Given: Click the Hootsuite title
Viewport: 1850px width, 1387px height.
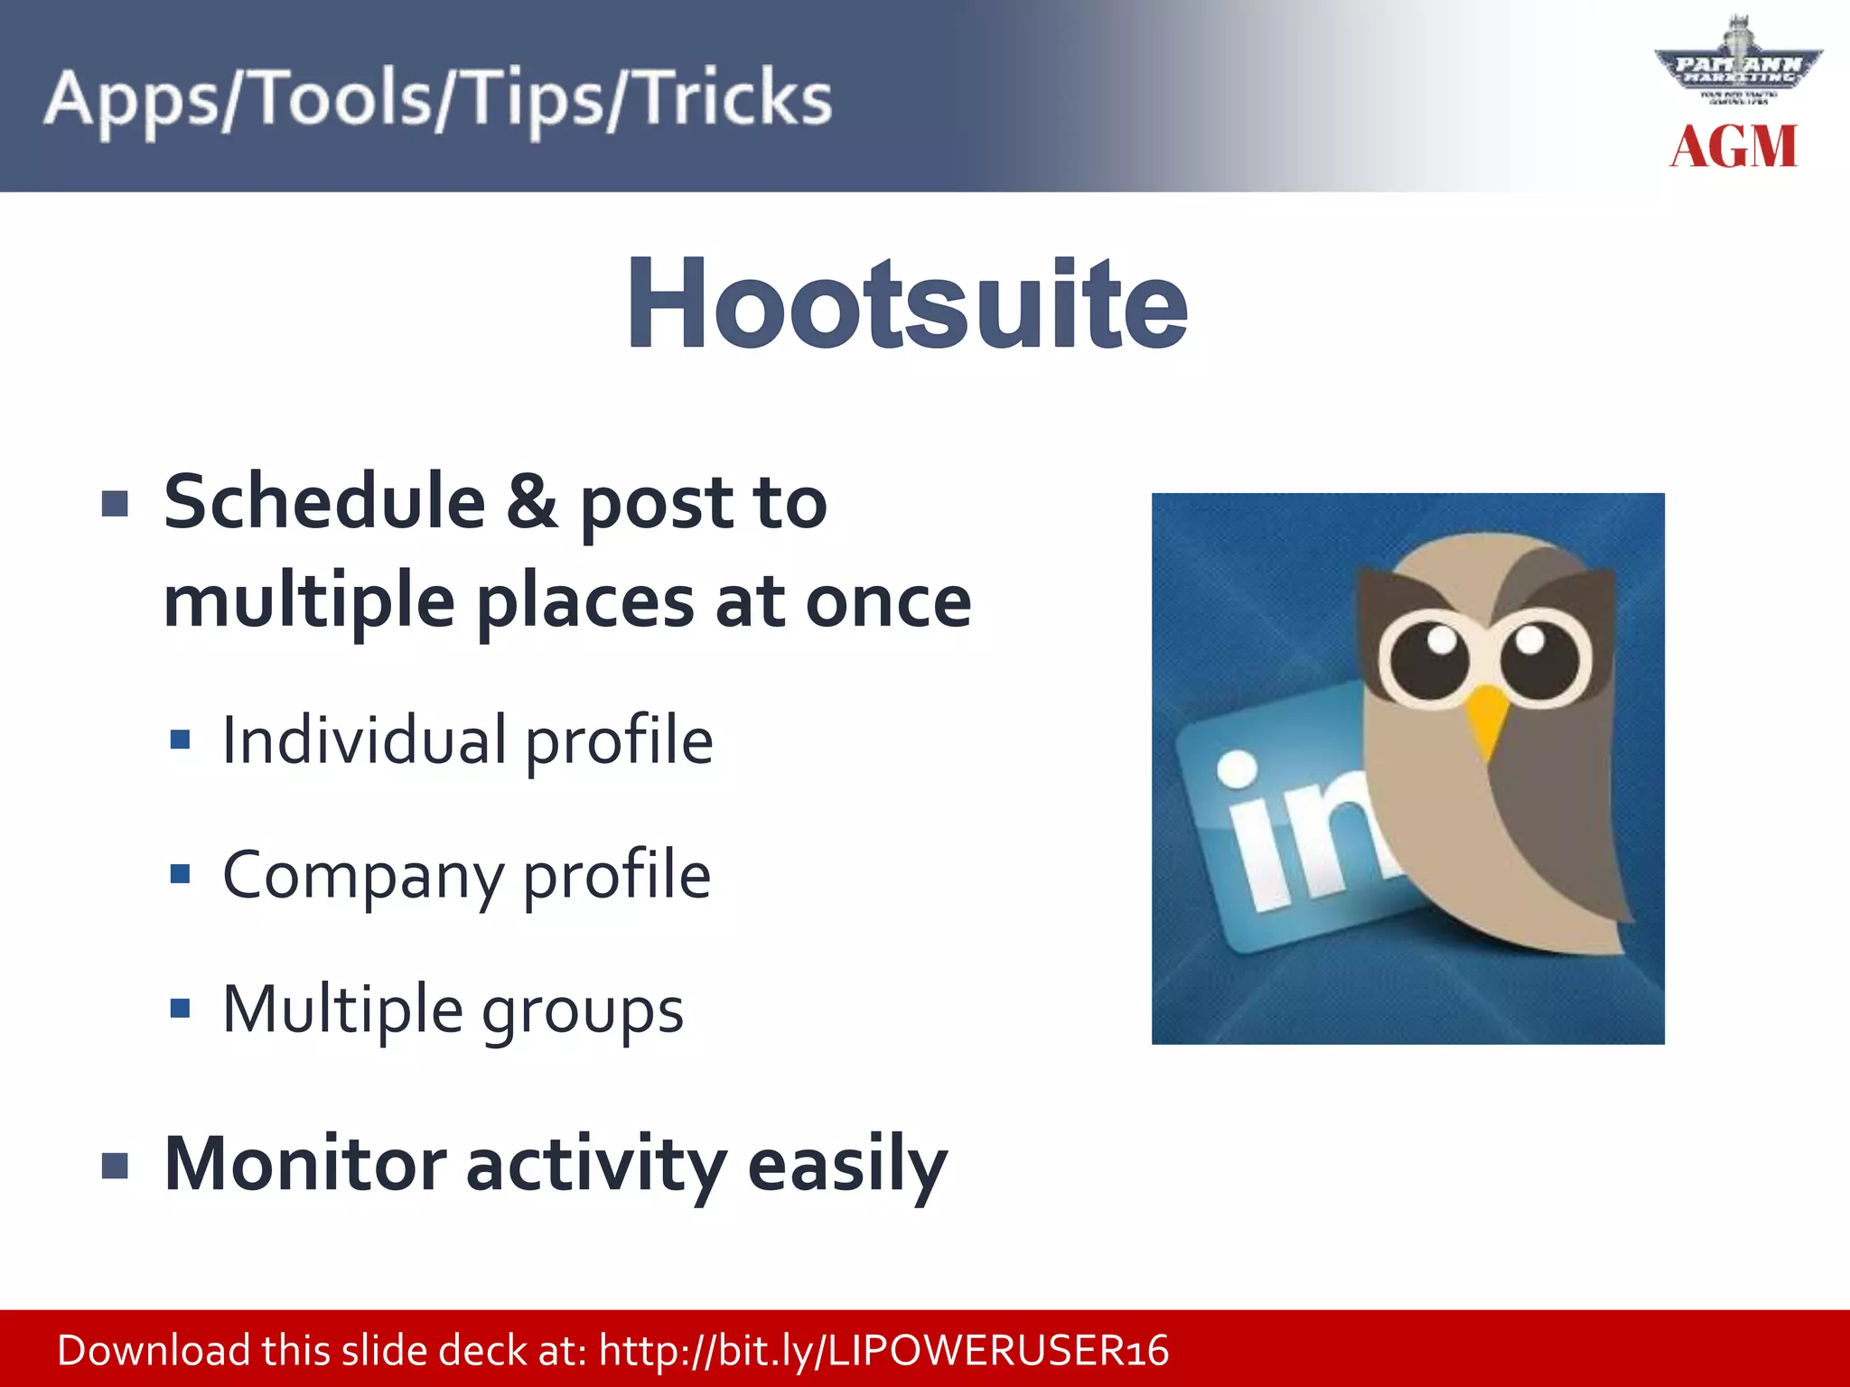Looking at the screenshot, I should tap(907, 303).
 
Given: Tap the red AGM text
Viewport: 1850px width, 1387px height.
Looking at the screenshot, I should tap(1733, 147).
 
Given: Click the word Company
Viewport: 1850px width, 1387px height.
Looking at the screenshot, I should tap(363, 876).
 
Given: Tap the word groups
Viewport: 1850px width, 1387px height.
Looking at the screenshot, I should tap(583, 1010).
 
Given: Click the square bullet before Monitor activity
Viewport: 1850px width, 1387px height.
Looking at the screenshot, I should tap(116, 1166).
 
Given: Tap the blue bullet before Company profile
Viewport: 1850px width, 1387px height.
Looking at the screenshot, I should tap(181, 874).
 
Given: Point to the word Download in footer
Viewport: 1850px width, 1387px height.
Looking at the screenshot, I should tap(154, 1350).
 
